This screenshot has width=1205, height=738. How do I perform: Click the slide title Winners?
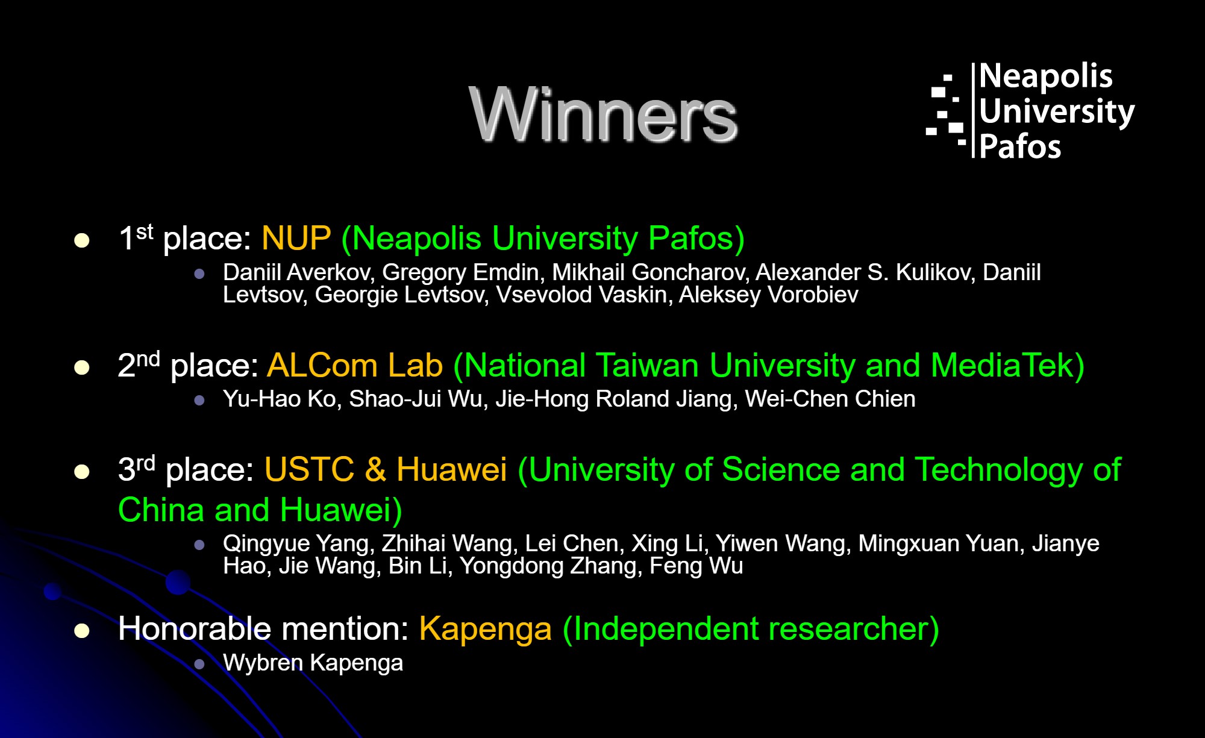[603, 114]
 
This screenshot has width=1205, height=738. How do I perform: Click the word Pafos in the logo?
[1020, 147]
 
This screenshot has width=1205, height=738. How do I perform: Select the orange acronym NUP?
[296, 238]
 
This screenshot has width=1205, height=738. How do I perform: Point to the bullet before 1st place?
[81, 240]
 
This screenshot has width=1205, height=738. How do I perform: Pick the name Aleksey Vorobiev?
[769, 295]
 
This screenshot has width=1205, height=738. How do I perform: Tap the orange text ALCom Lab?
[355, 365]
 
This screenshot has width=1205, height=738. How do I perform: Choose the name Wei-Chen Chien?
[830, 399]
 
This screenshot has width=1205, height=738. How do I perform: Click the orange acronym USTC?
[309, 469]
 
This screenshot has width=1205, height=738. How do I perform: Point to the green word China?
[161, 510]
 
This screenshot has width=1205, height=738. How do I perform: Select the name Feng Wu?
[696, 566]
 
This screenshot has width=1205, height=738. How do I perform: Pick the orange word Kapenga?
[486, 629]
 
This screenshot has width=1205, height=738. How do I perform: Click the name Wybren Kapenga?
[313, 663]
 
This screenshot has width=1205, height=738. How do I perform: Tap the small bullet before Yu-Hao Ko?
[199, 400]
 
